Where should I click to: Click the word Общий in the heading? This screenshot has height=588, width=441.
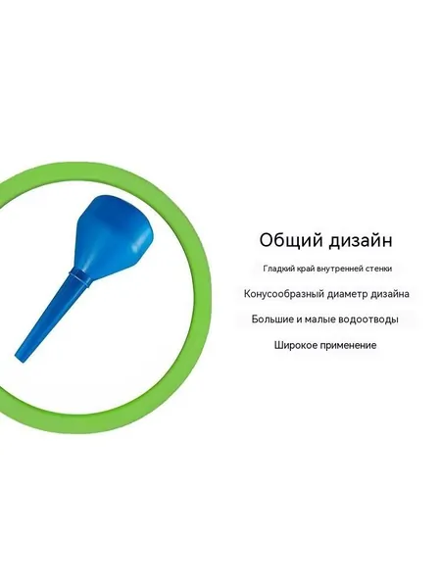tap(291, 240)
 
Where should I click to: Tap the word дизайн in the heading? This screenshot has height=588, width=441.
tap(361, 241)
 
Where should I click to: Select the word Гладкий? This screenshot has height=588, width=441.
tap(277, 269)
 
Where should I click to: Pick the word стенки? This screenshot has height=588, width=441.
tap(378, 269)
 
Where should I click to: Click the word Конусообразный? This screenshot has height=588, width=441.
tap(284, 294)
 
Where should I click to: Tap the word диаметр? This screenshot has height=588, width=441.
tap(347, 294)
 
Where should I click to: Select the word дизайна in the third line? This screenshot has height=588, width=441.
tap(390, 294)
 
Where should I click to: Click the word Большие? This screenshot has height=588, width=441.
tap(272, 319)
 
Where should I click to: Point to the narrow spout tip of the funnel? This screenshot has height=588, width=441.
tap(20, 357)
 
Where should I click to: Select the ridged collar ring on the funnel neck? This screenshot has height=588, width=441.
tap(79, 276)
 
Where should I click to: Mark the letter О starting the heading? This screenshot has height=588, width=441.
tap(268, 240)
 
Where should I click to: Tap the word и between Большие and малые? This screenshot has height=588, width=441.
tap(299, 319)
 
